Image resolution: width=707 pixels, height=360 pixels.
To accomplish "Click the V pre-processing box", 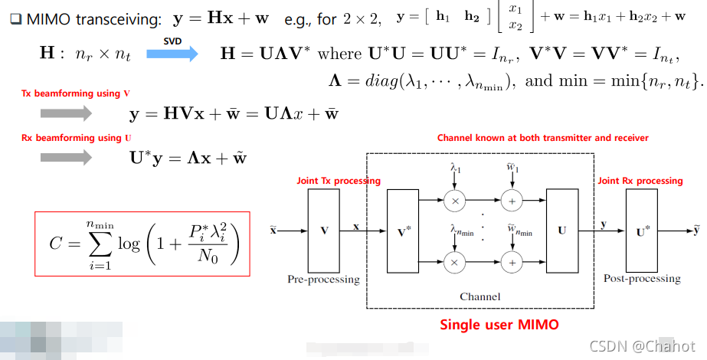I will click(323, 229).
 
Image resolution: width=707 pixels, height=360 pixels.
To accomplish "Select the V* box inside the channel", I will click(404, 229).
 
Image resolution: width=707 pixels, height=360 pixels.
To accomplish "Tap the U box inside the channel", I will click(561, 229).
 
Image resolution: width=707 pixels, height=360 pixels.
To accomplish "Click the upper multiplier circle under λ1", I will click(454, 201).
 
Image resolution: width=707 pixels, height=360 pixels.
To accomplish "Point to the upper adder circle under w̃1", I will click(511, 201).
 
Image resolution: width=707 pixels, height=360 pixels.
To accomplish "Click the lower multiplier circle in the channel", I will click(454, 261).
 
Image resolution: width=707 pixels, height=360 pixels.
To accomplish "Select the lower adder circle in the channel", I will click(511, 261).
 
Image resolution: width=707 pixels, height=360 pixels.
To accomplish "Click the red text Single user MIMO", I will click(499, 324).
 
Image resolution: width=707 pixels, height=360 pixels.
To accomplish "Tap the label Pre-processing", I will click(323, 279).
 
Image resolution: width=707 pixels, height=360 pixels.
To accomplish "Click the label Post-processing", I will click(642, 279).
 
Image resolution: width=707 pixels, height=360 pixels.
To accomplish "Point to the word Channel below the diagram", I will click(480, 296).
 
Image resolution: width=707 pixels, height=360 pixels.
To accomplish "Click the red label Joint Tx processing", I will click(339, 181).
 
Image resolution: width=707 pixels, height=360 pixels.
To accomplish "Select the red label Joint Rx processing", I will click(640, 181).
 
